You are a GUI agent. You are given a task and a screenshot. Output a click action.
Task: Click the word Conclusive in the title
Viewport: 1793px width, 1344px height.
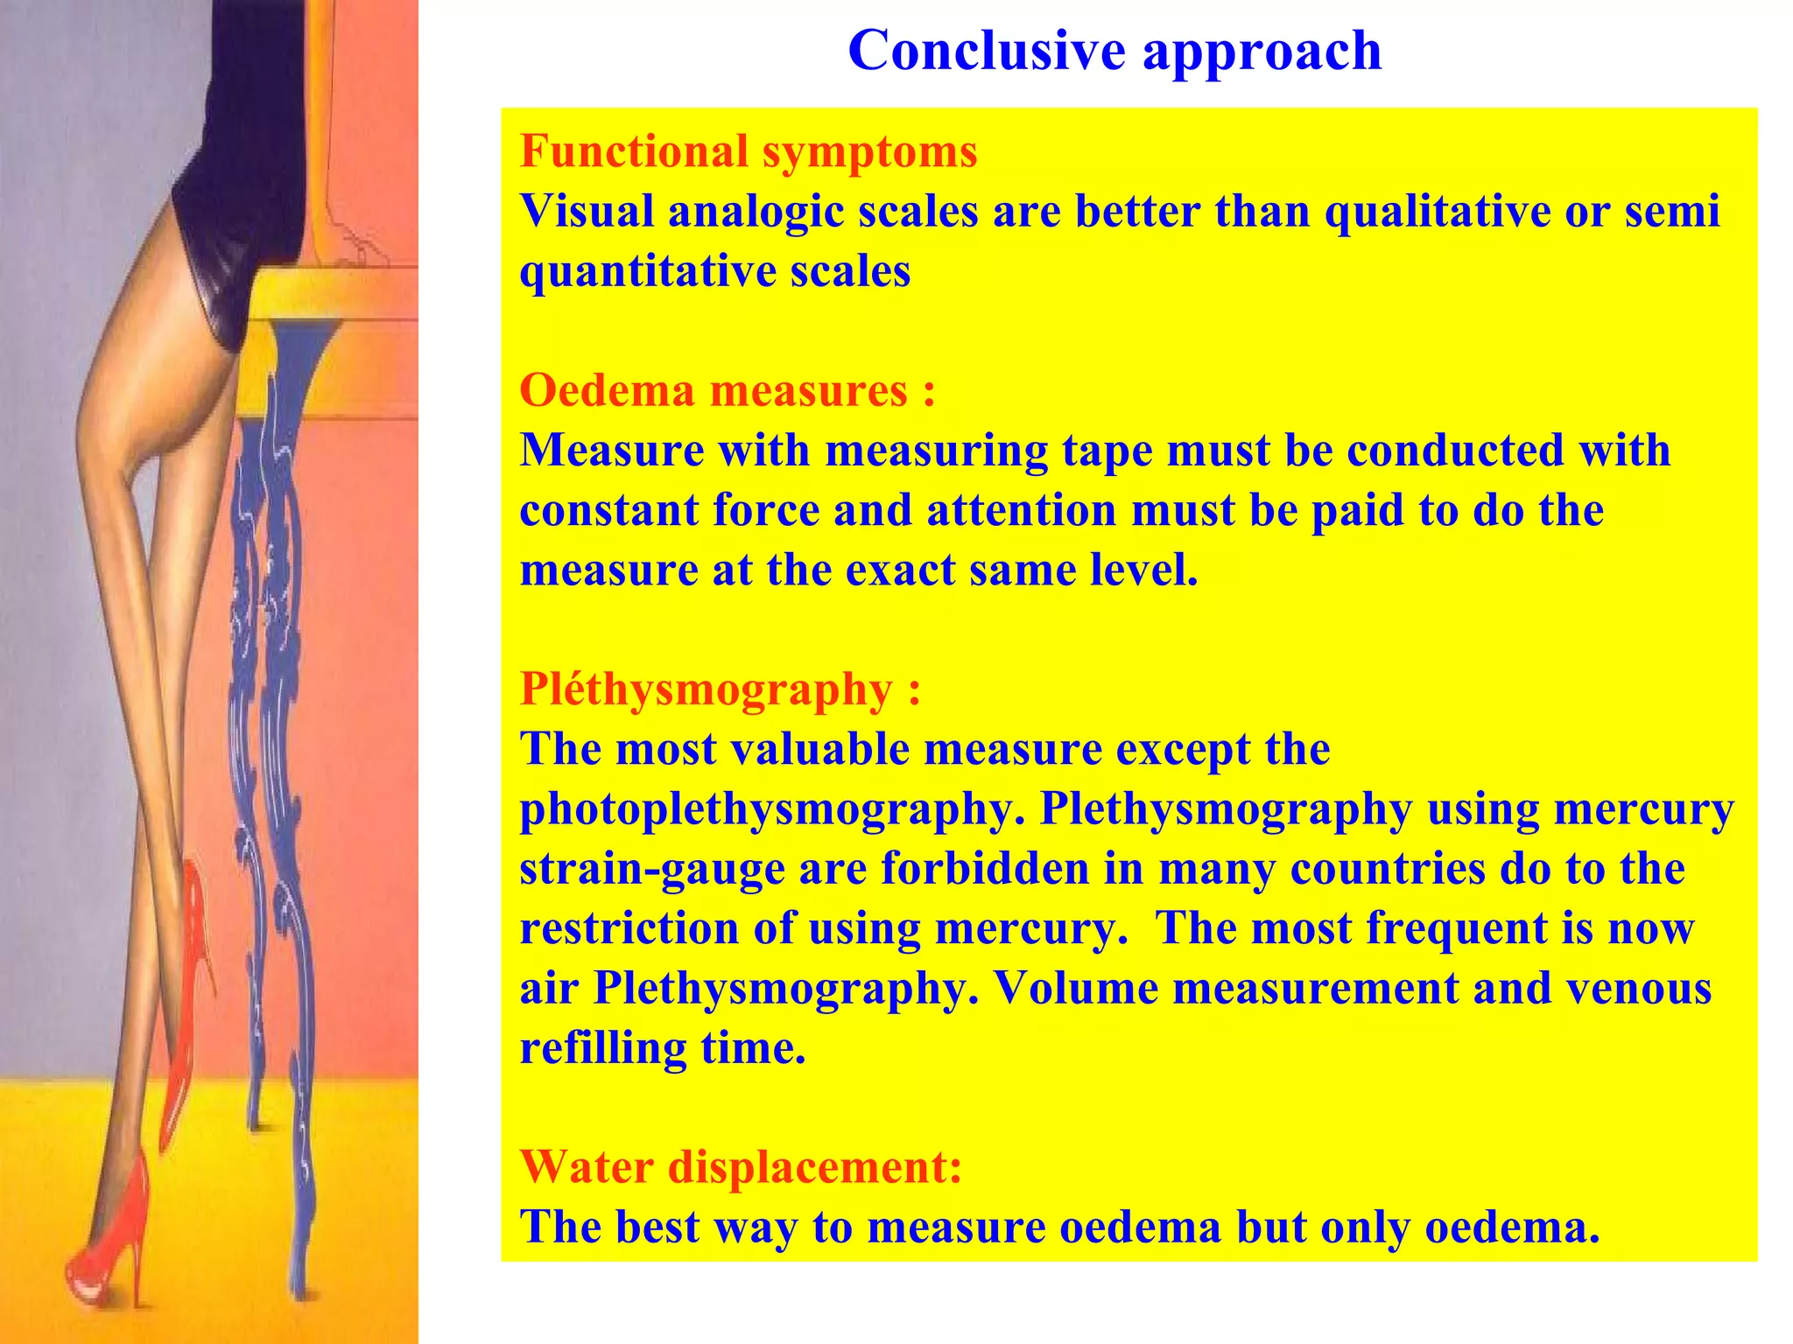pyautogui.click(x=986, y=50)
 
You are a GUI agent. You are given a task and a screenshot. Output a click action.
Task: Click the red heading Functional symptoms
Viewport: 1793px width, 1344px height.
pyautogui.click(x=748, y=151)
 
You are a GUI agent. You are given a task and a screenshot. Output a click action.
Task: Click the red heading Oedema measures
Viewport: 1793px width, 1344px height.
pyautogui.click(x=727, y=390)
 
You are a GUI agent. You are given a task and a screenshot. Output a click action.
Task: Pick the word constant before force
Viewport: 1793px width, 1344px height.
pyautogui.click(x=608, y=510)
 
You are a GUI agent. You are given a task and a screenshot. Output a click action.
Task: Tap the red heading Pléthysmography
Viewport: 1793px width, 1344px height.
pyautogui.click(x=720, y=689)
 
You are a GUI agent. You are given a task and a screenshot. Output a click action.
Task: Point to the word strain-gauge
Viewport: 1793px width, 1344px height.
pyautogui.click(x=652, y=870)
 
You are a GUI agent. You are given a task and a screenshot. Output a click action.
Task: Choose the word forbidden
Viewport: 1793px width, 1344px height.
pyautogui.click(x=984, y=870)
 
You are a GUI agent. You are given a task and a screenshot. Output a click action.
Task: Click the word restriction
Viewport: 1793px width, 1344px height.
pyautogui.click(x=628, y=929)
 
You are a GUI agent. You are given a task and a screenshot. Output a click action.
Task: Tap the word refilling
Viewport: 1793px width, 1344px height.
pyautogui.click(x=603, y=1048)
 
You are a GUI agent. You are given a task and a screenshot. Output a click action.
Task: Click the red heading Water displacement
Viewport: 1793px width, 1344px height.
pyautogui.click(x=741, y=1167)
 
